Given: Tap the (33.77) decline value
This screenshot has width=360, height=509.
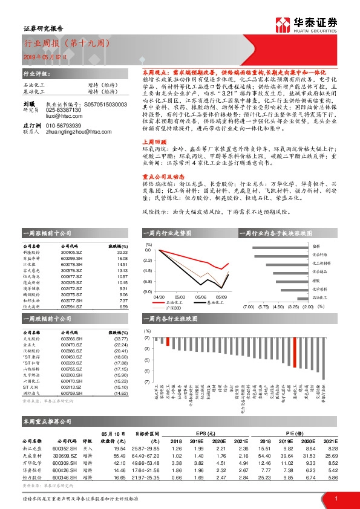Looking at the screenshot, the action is click(x=122, y=339).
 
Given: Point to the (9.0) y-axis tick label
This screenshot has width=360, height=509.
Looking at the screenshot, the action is click(x=148, y=292).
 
